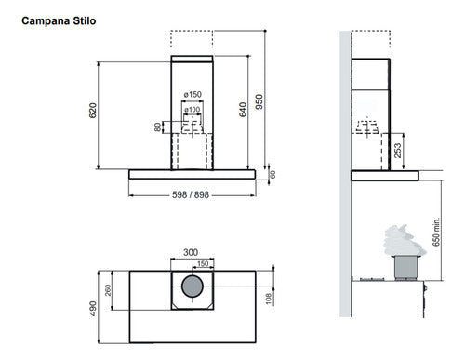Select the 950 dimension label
(x=260, y=102)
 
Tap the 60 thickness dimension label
(x=272, y=173)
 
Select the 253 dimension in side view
(x=396, y=147)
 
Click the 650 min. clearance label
(x=436, y=229)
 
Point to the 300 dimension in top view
(x=192, y=252)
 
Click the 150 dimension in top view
(x=203, y=264)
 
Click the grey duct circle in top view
(x=192, y=291)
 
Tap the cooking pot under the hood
(x=405, y=268)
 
